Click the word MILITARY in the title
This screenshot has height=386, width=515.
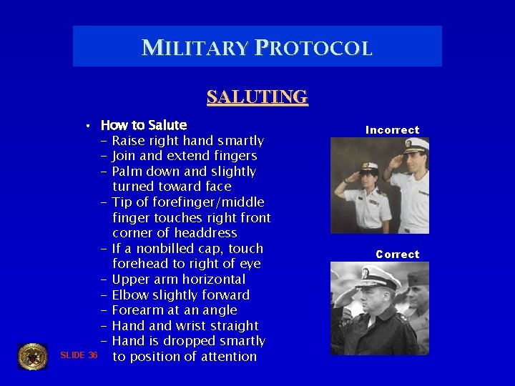click(195, 48)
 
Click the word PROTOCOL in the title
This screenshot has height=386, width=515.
click(312, 48)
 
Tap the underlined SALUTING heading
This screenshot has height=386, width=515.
click(257, 96)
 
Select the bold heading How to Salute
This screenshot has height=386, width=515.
click(144, 125)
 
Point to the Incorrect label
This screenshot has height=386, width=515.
click(392, 130)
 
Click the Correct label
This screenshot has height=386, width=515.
click(398, 254)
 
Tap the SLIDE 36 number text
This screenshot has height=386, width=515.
click(79, 355)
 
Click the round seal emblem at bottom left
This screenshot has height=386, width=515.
click(32, 356)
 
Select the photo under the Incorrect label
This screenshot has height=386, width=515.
click(379, 185)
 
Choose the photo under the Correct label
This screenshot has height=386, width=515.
click(379, 309)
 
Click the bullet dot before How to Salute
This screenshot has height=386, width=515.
click(86, 126)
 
